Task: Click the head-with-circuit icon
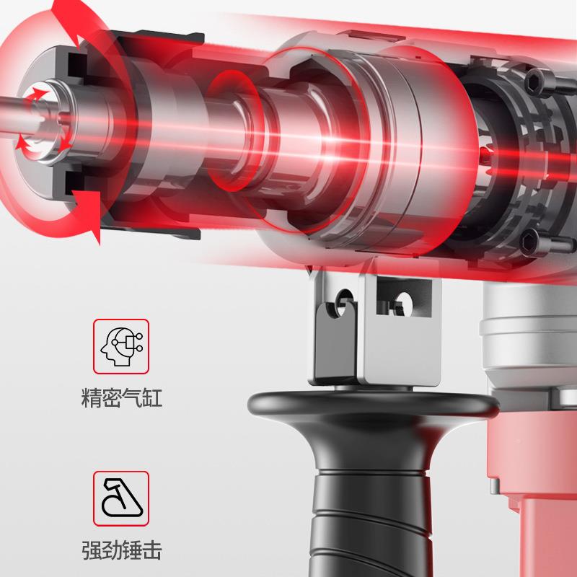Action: [121, 346]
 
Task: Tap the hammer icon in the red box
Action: [122, 498]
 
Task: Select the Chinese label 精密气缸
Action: [121, 397]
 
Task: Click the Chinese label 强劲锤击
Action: [121, 550]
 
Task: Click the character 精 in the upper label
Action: [91, 397]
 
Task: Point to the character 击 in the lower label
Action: [152, 550]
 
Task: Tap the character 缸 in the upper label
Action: [152, 397]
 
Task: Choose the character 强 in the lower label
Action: [91, 550]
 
